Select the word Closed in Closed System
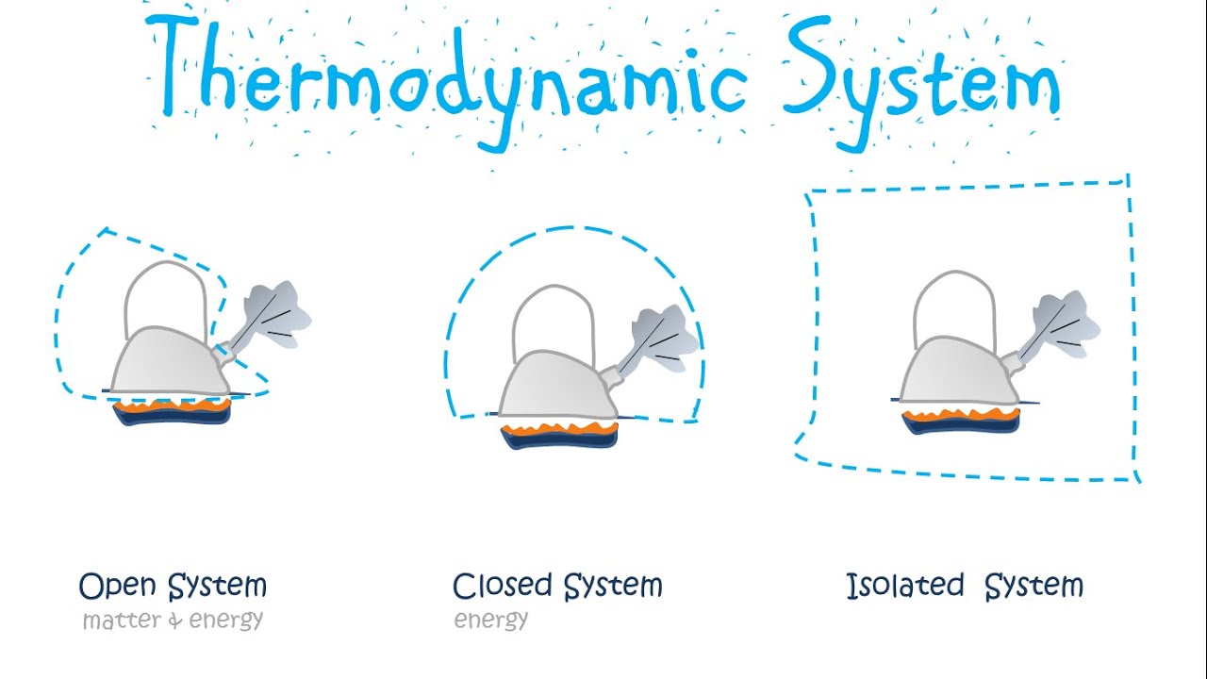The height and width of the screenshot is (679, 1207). click(503, 587)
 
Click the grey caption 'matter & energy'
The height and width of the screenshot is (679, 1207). click(173, 621)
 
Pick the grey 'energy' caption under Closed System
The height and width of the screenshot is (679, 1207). click(491, 621)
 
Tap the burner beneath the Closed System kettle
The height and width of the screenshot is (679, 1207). click(560, 435)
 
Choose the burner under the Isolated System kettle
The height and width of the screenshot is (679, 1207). click(961, 421)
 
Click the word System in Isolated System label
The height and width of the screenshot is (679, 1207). click(1033, 587)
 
